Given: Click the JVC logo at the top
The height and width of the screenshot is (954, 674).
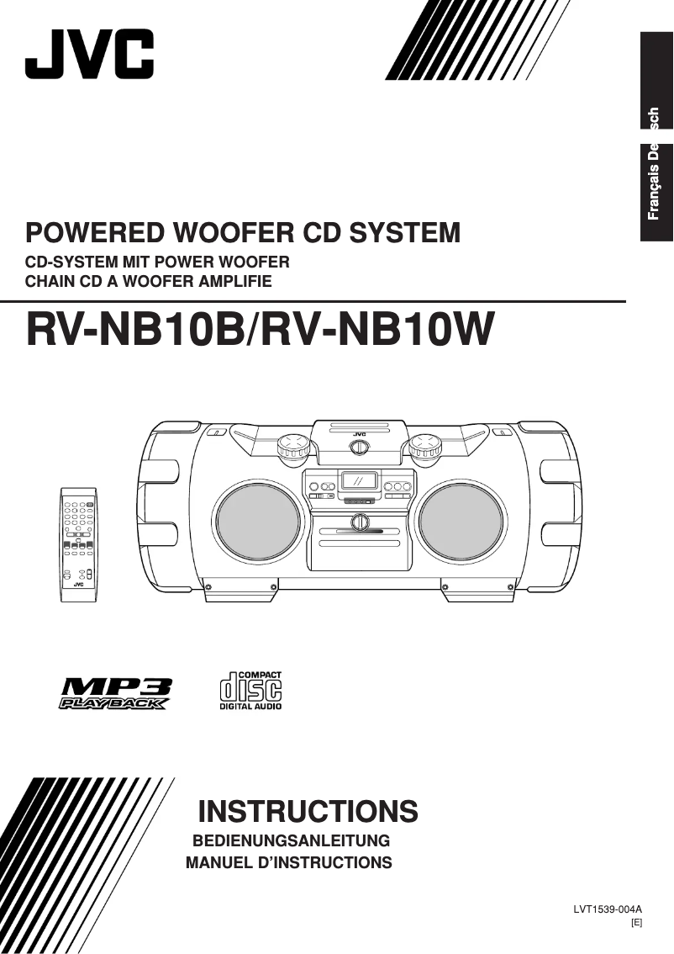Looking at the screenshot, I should (89, 53).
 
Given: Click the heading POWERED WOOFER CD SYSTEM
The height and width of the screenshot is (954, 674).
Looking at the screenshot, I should (244, 232).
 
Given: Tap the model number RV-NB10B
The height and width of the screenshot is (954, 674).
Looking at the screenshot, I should (135, 329).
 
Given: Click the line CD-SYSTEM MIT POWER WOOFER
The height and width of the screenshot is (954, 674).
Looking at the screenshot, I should (158, 262).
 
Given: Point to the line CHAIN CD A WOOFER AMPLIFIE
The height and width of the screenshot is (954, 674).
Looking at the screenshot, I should (150, 281).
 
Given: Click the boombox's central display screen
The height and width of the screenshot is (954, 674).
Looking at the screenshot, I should (359, 482).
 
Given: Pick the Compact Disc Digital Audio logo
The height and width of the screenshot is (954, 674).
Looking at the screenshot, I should (251, 690).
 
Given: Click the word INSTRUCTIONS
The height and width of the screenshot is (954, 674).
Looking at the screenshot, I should (308, 812).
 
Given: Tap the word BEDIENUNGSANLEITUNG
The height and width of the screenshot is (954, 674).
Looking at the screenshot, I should (292, 840).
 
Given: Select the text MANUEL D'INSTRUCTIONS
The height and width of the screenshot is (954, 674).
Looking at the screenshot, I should (288, 862).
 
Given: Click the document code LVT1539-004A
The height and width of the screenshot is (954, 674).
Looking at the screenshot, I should (608, 909).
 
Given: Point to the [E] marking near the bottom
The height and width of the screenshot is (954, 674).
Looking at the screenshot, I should (636, 923).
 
